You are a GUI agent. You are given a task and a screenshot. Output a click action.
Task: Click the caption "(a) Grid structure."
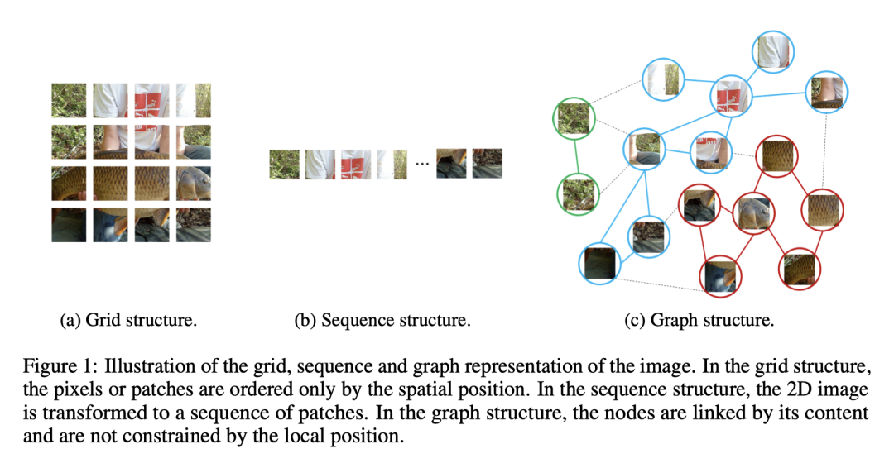coord(128,320)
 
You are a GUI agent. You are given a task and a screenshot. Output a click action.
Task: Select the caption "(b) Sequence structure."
coord(382,320)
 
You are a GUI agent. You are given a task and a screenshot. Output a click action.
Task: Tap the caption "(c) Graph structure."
coord(699,320)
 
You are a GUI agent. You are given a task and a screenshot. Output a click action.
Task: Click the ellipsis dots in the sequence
coord(422,165)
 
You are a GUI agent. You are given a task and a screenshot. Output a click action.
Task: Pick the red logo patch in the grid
coord(151,100)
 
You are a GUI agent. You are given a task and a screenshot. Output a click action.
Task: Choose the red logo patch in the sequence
coord(357,165)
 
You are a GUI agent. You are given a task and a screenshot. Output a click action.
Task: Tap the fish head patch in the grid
coord(194,183)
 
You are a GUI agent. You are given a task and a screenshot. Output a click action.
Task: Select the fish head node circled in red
coord(753,213)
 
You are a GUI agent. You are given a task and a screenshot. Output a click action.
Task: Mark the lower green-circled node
coord(577,193)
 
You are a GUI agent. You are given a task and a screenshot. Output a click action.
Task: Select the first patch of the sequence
coord(284,165)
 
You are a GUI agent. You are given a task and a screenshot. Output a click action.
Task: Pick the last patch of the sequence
coord(488,163)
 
